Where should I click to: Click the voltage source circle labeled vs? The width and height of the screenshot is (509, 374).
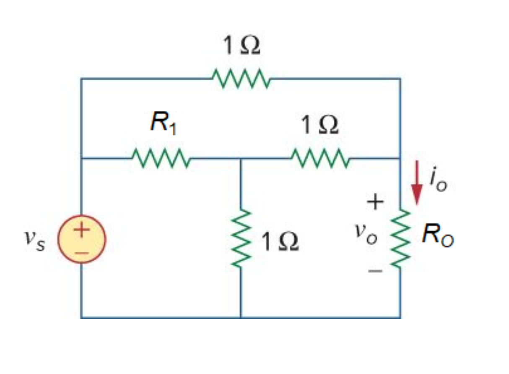tap(82, 239)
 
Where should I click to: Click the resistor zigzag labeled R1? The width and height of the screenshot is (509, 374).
tap(161, 159)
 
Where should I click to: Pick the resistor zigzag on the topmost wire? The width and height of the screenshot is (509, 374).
tap(241, 78)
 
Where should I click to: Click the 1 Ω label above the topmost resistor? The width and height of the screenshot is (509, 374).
tap(241, 46)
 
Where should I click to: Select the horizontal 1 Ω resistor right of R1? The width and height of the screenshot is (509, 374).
tap(319, 159)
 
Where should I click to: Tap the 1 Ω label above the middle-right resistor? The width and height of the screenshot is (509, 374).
tap(319, 125)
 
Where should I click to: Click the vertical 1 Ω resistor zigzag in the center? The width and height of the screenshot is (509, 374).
tap(241, 238)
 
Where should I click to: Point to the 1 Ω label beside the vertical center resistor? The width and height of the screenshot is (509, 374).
tap(280, 242)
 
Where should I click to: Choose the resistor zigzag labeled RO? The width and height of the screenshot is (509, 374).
tap(400, 238)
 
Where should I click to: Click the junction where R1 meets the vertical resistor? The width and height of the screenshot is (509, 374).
tap(241, 159)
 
